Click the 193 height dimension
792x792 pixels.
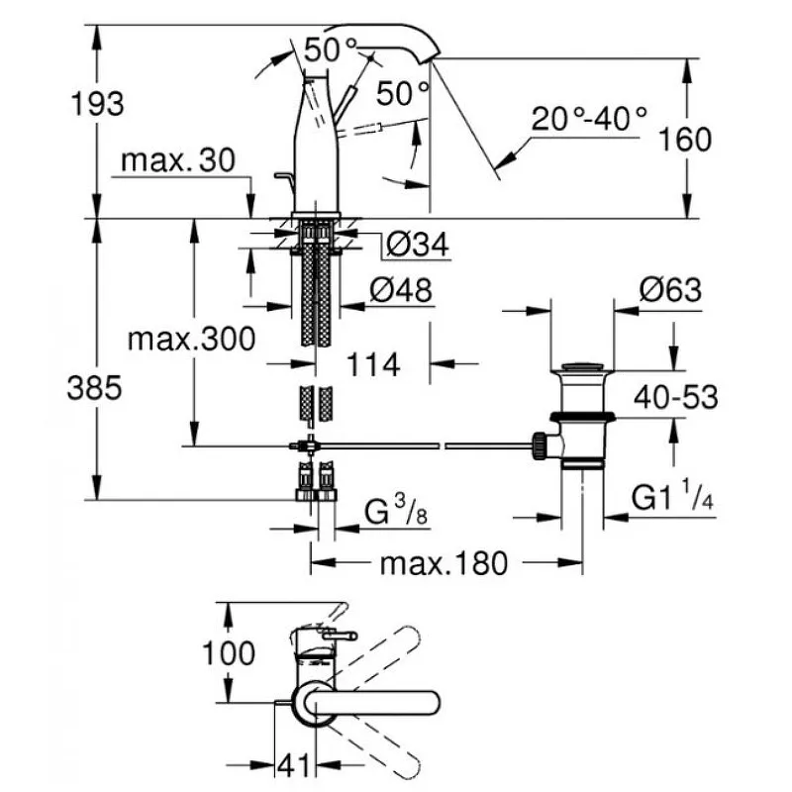tap(97, 104)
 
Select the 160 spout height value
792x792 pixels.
tap(685, 140)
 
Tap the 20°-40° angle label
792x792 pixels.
tap(589, 119)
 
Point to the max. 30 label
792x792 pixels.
tap(178, 160)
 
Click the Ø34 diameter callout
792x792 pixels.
tap(417, 245)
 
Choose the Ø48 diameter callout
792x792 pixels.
tap(401, 290)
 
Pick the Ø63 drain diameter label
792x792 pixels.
tap(670, 290)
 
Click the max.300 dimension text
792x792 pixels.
tap(191, 339)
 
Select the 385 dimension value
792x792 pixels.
tap(94, 388)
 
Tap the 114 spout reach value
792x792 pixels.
tap(373, 364)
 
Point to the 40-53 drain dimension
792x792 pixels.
tap(676, 397)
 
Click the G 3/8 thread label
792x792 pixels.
tap(395, 511)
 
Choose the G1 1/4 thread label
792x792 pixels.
tap(672, 495)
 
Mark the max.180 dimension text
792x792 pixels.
tap(444, 563)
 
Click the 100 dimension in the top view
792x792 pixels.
tap(229, 653)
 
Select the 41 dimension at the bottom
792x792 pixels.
tap(294, 765)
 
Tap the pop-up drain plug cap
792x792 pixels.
tap(582, 367)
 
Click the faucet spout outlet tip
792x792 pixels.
tap(430, 57)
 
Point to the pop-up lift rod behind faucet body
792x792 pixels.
tap(284, 184)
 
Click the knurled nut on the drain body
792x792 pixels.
tap(539, 445)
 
